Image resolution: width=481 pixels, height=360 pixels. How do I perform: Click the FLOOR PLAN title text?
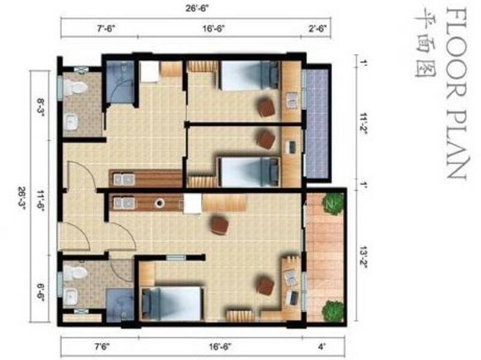pos(456,93)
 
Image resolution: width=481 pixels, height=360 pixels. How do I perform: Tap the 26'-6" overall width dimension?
pos(197,8)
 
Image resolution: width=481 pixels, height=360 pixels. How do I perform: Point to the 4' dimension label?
pos(322,347)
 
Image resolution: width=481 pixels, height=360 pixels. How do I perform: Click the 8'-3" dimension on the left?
pos(41,106)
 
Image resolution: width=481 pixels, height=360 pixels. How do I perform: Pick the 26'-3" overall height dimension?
pos(22,198)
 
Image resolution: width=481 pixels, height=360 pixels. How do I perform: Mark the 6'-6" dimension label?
pos(41,293)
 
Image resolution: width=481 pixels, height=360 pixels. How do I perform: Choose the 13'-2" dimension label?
pos(364,256)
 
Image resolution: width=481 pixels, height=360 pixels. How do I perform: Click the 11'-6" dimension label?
pos(41,202)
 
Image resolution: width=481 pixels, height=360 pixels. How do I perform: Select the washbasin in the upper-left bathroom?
pos(72,123)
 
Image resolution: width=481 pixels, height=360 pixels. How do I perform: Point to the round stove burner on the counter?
pos(159,203)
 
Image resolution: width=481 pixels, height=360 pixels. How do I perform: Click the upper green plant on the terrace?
pos(332,204)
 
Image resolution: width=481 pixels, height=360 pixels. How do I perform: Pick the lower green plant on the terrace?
pos(333,311)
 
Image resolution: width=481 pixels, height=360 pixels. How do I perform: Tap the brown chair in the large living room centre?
pos(219,225)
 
